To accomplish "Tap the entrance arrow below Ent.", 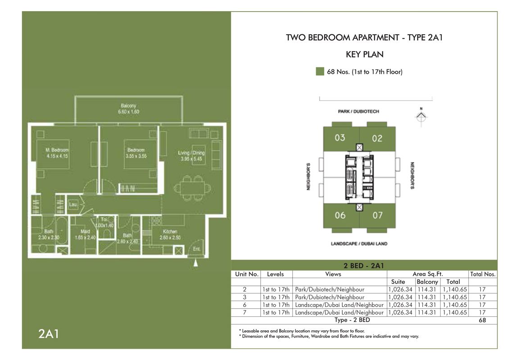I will click(195, 264).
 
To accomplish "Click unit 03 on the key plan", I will click(340, 138).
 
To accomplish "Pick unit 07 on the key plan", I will click(377, 215).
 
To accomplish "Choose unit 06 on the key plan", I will click(340, 215).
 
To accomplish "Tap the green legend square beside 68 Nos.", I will click(320, 72).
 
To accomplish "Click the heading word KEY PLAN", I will click(364, 54).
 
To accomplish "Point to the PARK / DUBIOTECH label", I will click(358, 111).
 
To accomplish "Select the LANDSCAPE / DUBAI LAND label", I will click(359, 244).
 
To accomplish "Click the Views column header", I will click(333, 274).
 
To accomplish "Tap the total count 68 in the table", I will click(482, 320).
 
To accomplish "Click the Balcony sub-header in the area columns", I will click(427, 282).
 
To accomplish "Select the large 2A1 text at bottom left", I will click(48, 334).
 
